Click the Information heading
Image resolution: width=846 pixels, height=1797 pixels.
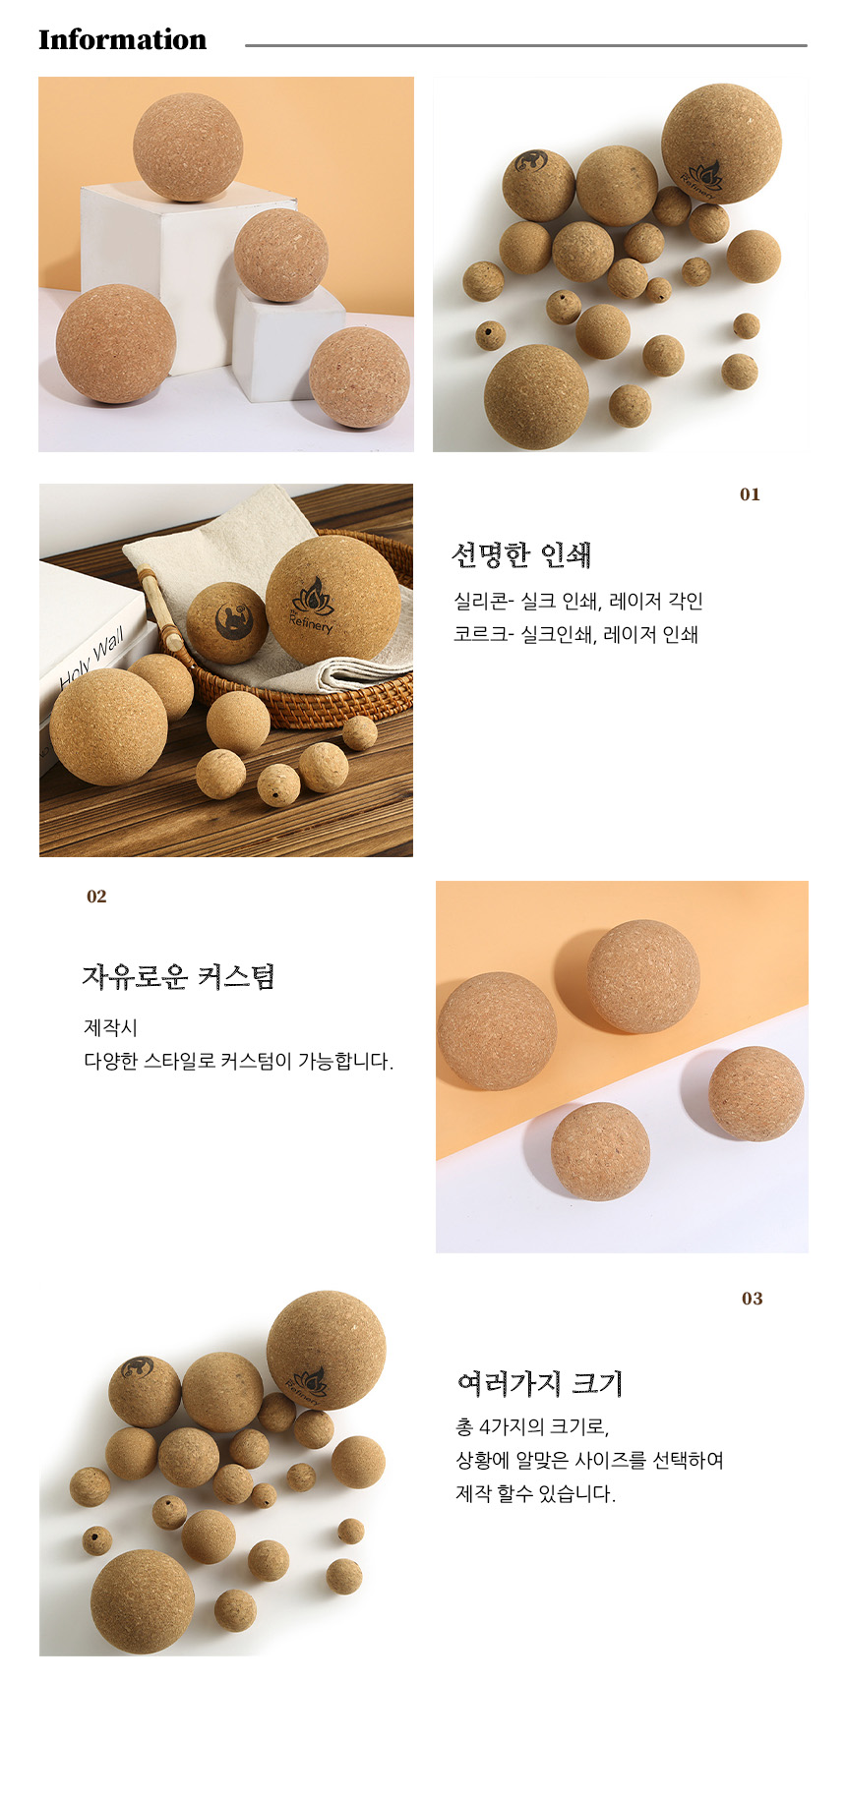tap(122, 39)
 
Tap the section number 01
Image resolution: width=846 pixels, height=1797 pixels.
tap(750, 494)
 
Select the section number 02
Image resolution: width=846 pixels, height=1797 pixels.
tap(96, 897)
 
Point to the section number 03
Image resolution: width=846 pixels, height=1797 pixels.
tap(752, 1299)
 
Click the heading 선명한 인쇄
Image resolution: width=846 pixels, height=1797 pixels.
tap(521, 555)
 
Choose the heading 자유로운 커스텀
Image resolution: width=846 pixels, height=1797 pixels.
tap(178, 976)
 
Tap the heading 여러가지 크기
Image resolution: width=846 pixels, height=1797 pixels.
tap(540, 1383)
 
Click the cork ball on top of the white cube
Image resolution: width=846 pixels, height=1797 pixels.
tap(187, 147)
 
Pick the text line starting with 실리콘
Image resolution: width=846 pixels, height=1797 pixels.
tap(578, 601)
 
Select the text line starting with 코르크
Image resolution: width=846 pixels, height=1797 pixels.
tap(575, 634)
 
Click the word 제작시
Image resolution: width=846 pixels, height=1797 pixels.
tap(110, 1027)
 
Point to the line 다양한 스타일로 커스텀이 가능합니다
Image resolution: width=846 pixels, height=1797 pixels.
tap(239, 1062)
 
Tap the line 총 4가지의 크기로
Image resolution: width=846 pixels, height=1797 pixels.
tap(532, 1426)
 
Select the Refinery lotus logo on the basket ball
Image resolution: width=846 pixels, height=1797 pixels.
tap(313, 605)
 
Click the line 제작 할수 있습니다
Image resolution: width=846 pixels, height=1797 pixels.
tap(535, 1493)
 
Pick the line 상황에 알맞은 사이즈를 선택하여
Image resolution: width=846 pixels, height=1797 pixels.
tap(589, 1460)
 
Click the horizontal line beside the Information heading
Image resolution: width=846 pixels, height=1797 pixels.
tap(526, 45)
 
